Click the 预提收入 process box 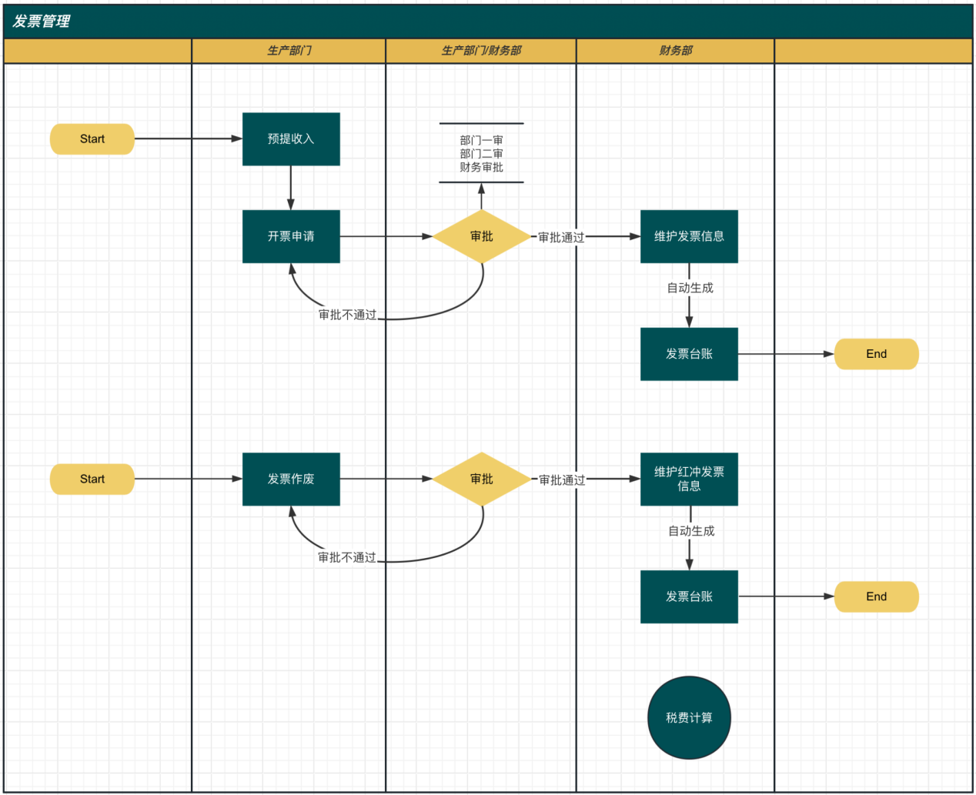tap(291, 139)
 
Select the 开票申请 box tap(291, 236)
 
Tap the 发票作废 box tap(291, 479)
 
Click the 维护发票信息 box tap(689, 236)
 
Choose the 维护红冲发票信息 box tap(689, 479)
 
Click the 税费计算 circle tap(689, 717)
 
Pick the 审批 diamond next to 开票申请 tap(482, 236)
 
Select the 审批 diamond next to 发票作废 tap(482, 479)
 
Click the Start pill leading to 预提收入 tap(92, 139)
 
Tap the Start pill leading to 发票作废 tap(92, 479)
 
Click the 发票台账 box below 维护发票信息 tap(689, 354)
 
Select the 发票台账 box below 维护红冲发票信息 tap(689, 596)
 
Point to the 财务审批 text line tap(482, 167)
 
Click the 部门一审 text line tap(482, 140)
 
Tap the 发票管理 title tap(42, 22)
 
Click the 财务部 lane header tap(676, 51)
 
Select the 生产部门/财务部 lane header tap(481, 51)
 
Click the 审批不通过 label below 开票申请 tap(348, 315)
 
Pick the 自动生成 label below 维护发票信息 tap(690, 288)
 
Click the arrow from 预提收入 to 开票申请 tap(291, 188)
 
